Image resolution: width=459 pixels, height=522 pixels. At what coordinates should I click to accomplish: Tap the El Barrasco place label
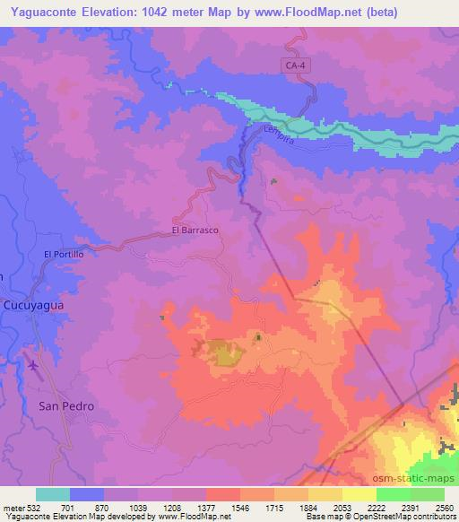coord(195,230)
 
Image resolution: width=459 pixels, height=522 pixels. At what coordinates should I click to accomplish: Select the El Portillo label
coord(64,255)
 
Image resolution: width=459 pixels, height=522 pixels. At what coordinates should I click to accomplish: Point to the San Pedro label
coord(65,405)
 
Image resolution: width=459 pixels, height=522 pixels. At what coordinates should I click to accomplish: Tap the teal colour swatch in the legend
coord(53,494)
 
